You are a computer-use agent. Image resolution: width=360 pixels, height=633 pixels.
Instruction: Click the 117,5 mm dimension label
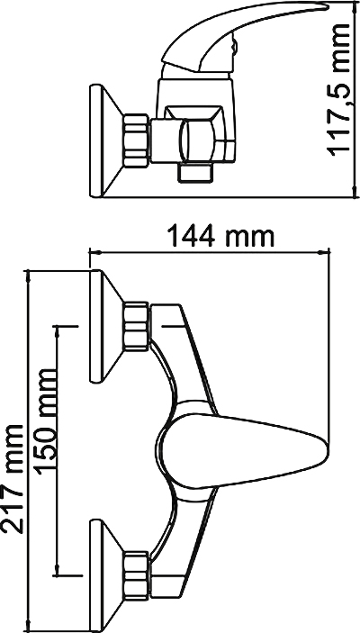click(338, 90)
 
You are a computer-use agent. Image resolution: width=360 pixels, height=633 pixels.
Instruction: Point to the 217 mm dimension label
click(13, 478)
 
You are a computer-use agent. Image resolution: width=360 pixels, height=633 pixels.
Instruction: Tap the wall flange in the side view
click(105, 140)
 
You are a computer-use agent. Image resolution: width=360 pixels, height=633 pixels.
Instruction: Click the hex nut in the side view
click(137, 140)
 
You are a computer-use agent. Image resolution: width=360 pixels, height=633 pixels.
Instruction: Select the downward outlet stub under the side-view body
click(195, 173)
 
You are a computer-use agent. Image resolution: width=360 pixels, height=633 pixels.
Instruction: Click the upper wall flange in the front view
click(105, 325)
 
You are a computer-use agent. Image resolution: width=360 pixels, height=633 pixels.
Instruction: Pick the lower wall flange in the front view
click(105, 576)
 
